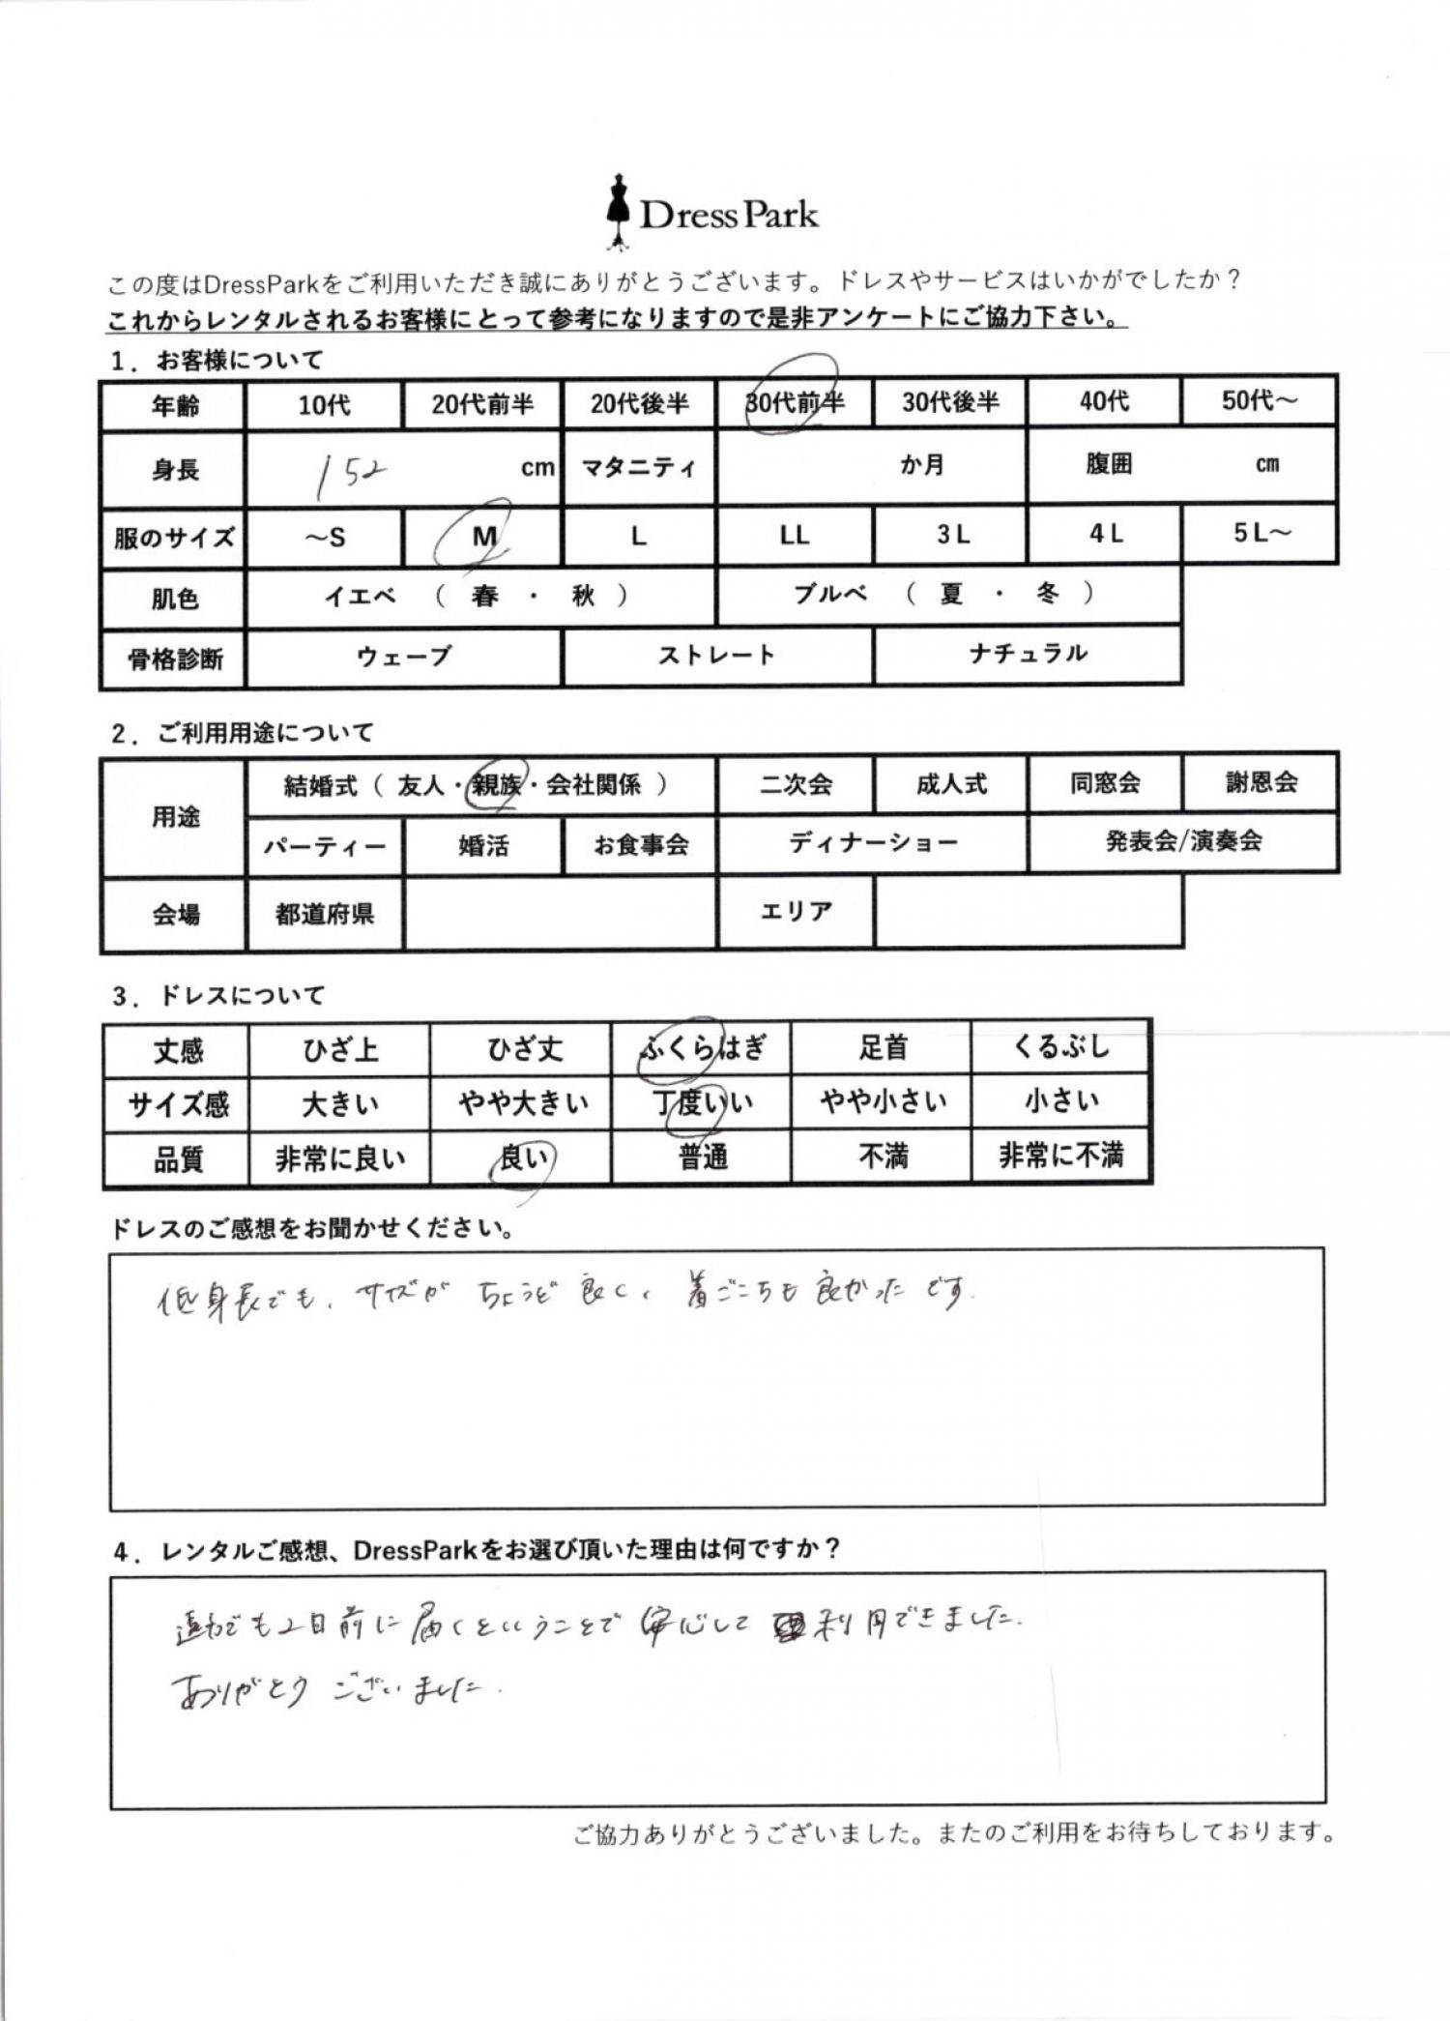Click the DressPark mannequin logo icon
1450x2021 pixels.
pyautogui.click(x=617, y=211)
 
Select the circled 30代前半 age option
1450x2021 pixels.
pyautogui.click(x=794, y=401)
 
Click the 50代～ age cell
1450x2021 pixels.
pyautogui.click(x=1259, y=400)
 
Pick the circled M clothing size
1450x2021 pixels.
pyautogui.click(x=483, y=535)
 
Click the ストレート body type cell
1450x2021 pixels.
pyautogui.click(x=716, y=656)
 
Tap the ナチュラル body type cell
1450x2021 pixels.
pyautogui.click(x=1028, y=654)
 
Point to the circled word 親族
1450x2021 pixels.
pyautogui.click(x=495, y=785)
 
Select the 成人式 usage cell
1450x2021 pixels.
pyautogui.click(x=951, y=783)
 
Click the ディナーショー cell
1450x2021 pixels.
pyautogui.click(x=873, y=843)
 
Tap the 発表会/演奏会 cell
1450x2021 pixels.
pyautogui.click(x=1183, y=841)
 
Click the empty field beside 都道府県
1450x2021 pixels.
pyautogui.click(x=561, y=913)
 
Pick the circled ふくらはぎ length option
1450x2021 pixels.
pyautogui.click(x=702, y=1048)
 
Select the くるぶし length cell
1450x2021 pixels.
pyautogui.click(x=1060, y=1047)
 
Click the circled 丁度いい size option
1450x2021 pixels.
pyautogui.click(x=702, y=1102)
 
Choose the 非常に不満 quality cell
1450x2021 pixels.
pyautogui.click(x=1060, y=1156)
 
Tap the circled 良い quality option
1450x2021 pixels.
pyautogui.click(x=522, y=1157)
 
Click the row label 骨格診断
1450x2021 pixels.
pyautogui.click(x=174, y=659)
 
